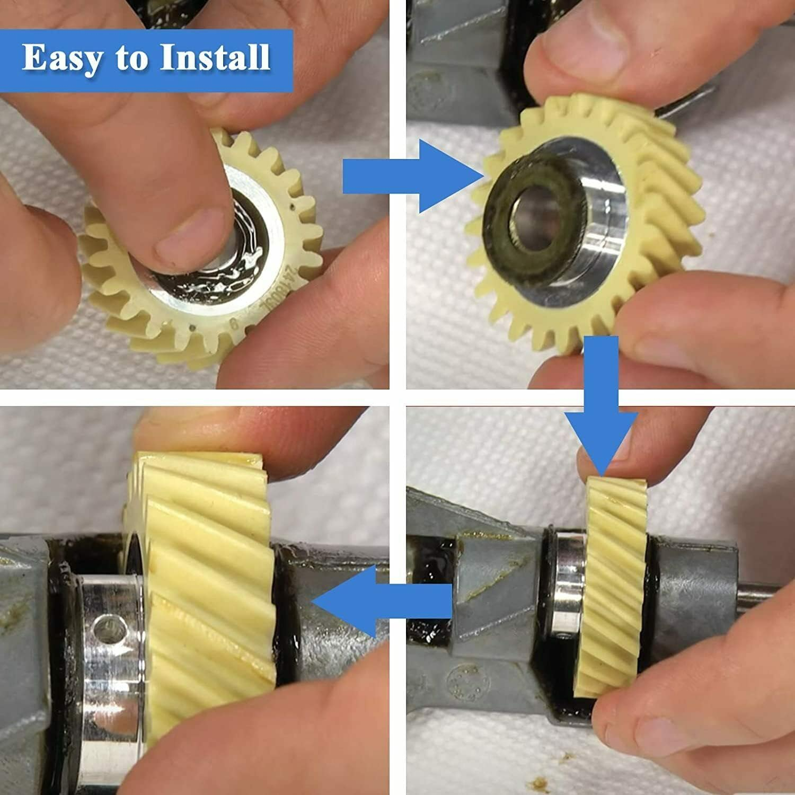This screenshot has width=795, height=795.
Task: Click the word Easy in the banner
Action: point(63,58)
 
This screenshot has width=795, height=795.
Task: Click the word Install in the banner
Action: point(215,58)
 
